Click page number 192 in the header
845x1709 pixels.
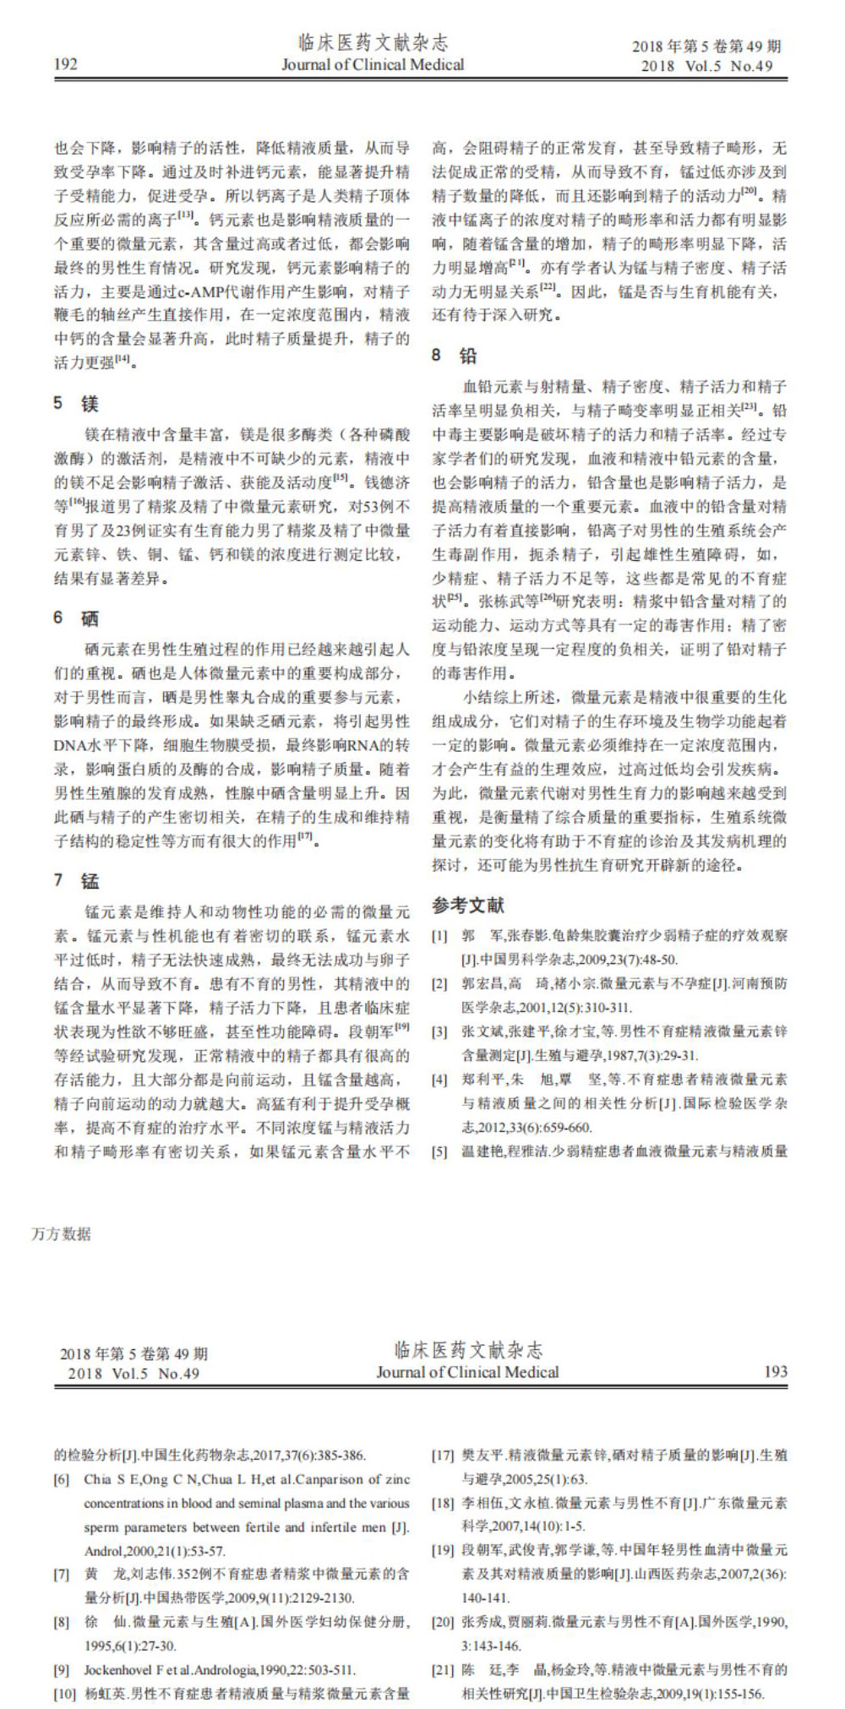[66, 64]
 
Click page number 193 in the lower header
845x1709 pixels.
[775, 1372]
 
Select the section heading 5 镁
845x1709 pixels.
[77, 403]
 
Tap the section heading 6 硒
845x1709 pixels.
[77, 618]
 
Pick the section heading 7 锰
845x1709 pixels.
[77, 880]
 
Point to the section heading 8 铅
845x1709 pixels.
[455, 355]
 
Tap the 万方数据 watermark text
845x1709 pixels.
[61, 1233]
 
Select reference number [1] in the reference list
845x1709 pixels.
[439, 936]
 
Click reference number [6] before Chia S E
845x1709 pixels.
[61, 1479]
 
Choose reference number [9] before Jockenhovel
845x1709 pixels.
[61, 1670]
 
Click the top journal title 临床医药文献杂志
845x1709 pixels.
[373, 42]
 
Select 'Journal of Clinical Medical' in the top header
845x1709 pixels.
[373, 65]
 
